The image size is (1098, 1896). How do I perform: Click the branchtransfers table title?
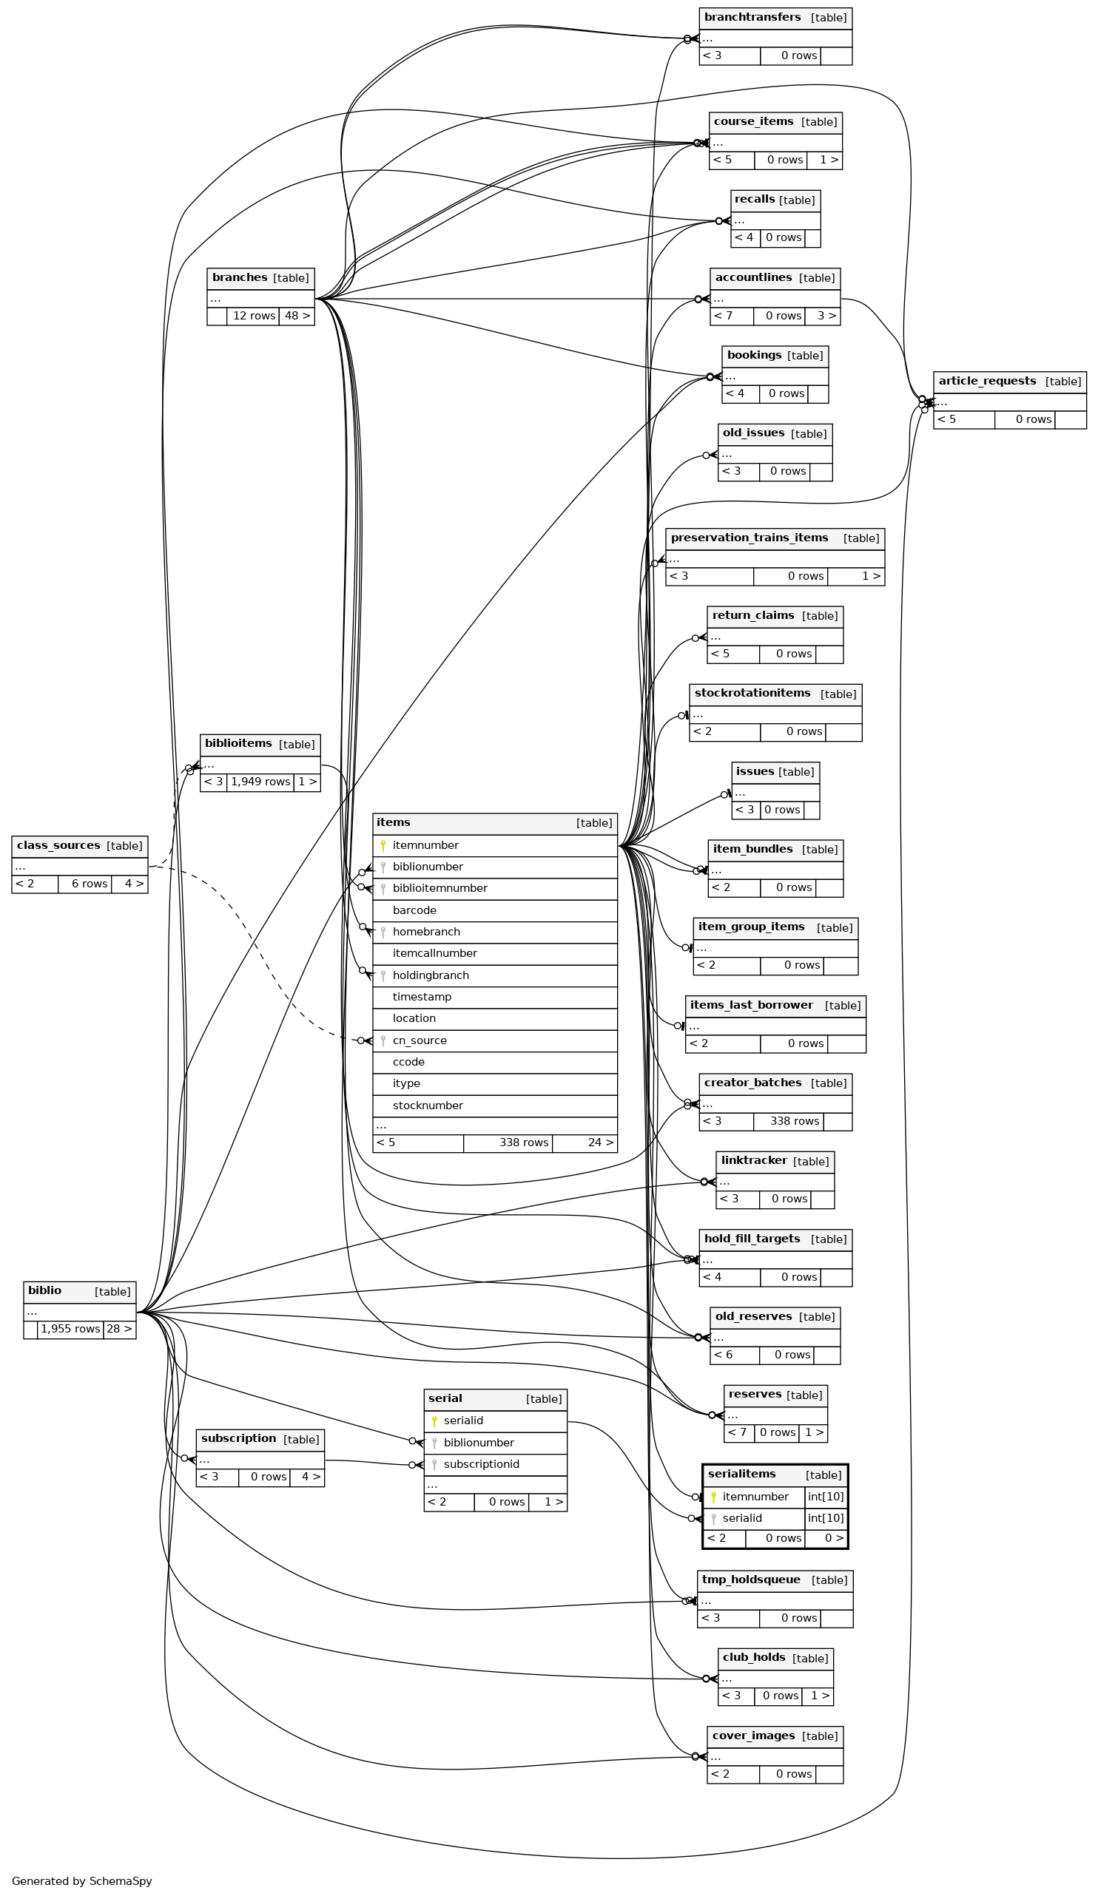click(752, 17)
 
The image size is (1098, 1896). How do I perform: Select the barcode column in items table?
click(414, 910)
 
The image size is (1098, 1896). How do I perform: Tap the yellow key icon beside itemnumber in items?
click(383, 846)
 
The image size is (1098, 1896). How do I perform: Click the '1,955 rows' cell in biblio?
click(70, 1330)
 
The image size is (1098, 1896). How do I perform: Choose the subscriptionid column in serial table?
click(481, 1464)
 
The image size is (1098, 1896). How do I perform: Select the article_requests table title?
click(986, 382)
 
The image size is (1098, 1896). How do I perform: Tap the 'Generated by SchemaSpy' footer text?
click(81, 1881)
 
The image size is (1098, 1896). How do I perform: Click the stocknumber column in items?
click(428, 1106)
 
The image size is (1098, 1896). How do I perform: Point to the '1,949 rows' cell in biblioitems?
click(260, 782)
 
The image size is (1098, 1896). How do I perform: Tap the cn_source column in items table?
click(420, 1040)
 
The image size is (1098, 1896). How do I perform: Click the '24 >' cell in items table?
click(584, 1143)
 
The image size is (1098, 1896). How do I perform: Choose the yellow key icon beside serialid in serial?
click(434, 1421)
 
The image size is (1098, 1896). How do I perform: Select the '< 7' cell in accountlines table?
click(722, 316)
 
